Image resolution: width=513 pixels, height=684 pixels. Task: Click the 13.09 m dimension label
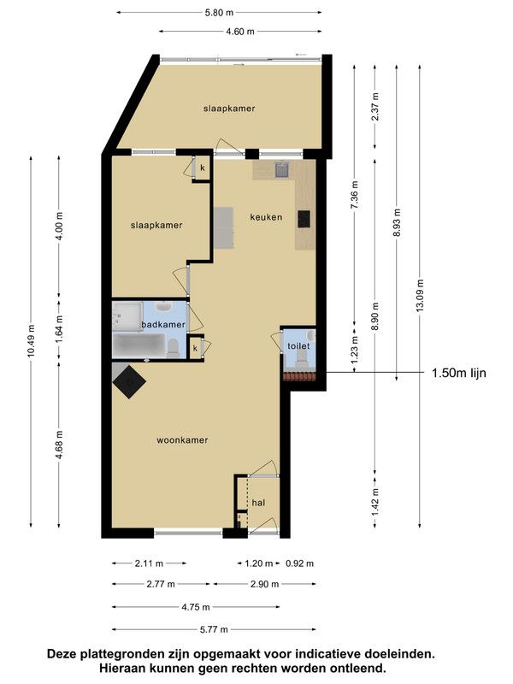point(420,295)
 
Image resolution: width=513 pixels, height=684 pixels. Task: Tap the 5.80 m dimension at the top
point(219,13)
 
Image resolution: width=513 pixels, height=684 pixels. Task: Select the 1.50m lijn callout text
point(458,373)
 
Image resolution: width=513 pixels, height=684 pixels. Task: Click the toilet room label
point(298,346)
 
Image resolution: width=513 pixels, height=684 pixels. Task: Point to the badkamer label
point(163,325)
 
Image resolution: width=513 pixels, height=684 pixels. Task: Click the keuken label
point(266,217)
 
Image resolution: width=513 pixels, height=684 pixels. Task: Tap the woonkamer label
point(182,440)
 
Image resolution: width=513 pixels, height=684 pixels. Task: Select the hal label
point(259,503)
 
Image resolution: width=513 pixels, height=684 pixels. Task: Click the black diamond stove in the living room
point(129,381)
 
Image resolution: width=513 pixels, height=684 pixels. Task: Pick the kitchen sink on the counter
point(281,170)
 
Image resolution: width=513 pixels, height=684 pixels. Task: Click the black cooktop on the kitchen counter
point(304,219)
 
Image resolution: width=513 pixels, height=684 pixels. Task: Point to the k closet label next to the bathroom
point(196,348)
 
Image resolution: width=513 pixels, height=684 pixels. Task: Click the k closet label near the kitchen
point(203,168)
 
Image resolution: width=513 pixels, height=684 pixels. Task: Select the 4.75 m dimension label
point(196,607)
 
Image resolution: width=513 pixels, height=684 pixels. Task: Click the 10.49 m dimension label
point(31,341)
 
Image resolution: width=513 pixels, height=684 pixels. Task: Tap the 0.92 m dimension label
point(300,563)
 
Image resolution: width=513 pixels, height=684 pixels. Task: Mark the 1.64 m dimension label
point(59,329)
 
